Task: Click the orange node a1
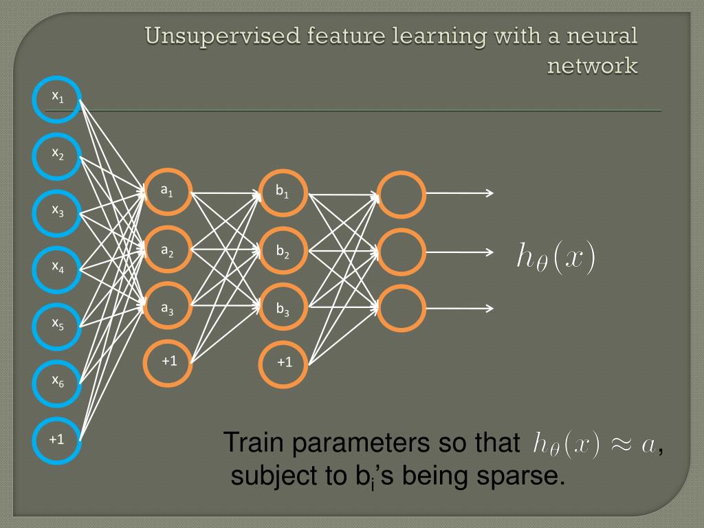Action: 167,193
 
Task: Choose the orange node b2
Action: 283,250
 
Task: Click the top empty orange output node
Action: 402,194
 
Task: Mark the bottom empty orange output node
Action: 402,308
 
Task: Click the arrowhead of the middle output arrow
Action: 489,251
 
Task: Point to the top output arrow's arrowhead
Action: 489,194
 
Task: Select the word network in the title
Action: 593,66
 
